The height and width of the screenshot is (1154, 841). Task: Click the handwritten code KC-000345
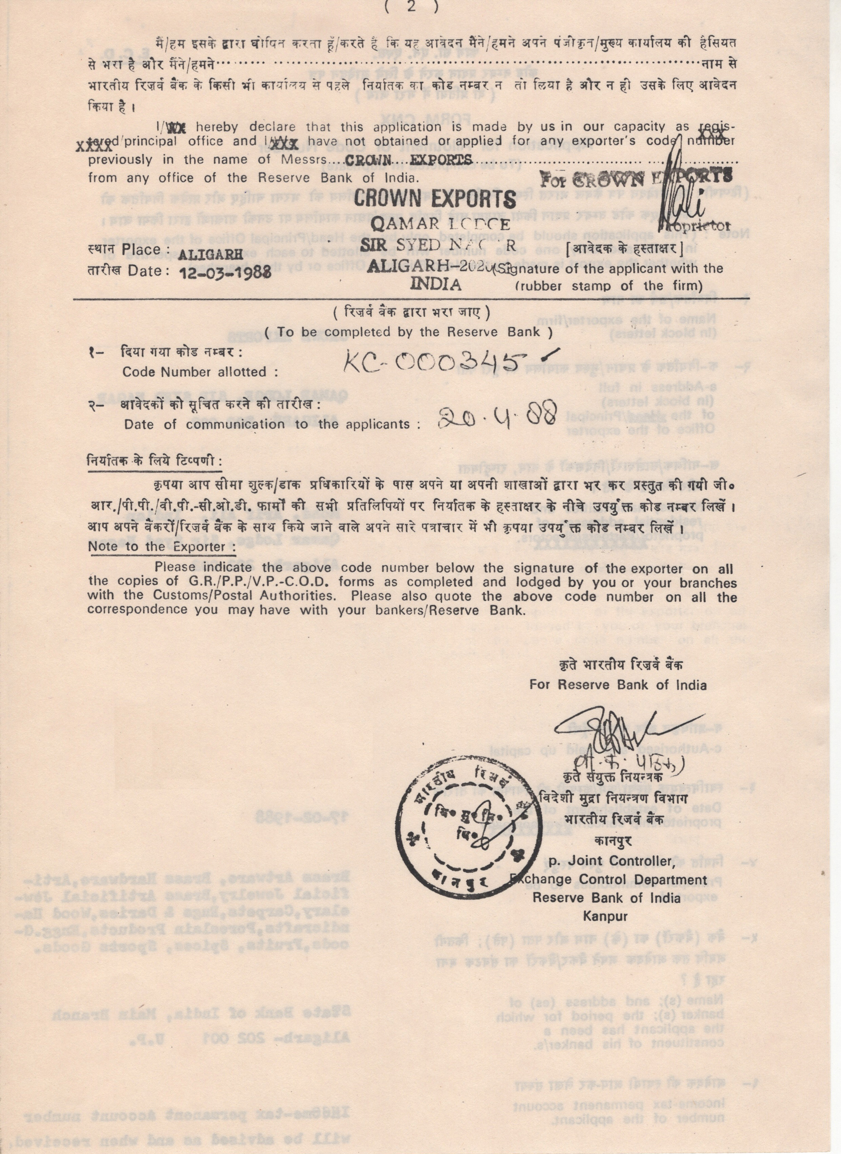point(448,363)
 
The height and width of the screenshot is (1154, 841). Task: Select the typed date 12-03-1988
point(225,273)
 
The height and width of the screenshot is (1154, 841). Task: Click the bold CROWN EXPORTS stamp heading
point(435,198)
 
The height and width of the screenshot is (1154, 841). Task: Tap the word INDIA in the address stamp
point(436,283)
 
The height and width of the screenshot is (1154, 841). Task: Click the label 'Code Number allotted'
point(200,372)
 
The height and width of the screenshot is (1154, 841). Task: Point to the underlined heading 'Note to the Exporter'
point(162,547)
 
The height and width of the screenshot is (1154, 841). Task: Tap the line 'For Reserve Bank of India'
point(618,685)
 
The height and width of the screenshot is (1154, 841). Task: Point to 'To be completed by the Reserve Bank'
point(408,332)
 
